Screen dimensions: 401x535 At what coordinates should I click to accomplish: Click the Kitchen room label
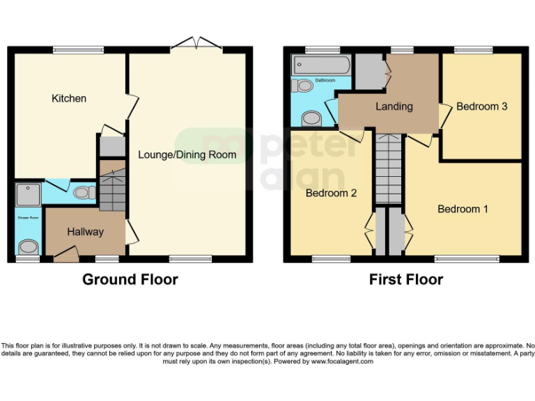[x=69, y=99]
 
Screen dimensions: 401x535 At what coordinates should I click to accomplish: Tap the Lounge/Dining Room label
[x=187, y=155]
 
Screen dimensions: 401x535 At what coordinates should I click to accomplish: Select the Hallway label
[x=86, y=232]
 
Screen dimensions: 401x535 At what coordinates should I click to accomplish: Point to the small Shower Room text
[x=28, y=217]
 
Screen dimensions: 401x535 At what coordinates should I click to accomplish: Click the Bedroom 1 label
[x=463, y=209]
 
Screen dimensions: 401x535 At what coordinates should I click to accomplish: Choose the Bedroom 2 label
[x=332, y=193]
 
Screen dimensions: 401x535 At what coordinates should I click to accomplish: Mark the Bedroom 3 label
[x=481, y=107]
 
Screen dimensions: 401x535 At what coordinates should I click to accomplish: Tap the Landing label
[x=394, y=107]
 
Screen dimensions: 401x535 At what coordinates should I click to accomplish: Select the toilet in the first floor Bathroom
[x=302, y=86]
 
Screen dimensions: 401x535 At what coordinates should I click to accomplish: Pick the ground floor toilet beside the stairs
[x=84, y=192]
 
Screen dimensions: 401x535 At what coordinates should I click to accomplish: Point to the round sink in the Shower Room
[x=28, y=246]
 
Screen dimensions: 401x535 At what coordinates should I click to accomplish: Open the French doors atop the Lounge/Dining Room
[x=197, y=45]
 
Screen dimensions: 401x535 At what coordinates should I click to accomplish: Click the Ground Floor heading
[x=130, y=280]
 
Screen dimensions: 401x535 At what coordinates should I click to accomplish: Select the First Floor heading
[x=405, y=280]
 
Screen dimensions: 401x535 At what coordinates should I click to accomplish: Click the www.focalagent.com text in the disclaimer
[x=342, y=361]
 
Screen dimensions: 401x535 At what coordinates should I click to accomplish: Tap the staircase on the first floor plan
[x=389, y=167]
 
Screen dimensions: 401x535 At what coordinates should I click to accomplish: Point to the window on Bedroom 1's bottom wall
[x=467, y=259]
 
